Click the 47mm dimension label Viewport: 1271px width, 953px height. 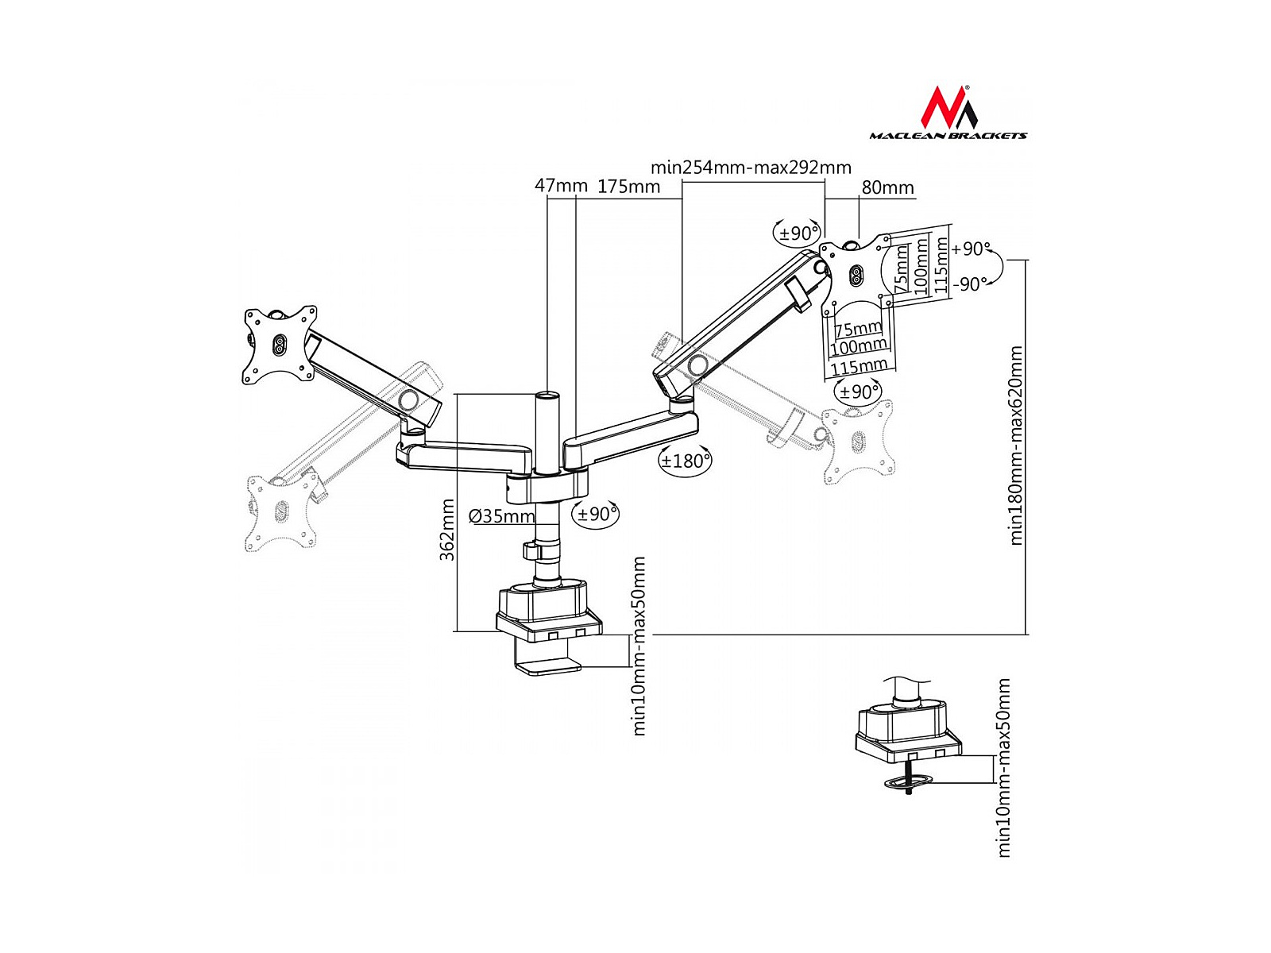[561, 187]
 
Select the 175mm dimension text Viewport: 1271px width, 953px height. [629, 187]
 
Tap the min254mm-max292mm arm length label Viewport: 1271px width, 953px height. [751, 168]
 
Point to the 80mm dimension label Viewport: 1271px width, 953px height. [887, 188]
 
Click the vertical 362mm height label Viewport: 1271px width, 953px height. [448, 530]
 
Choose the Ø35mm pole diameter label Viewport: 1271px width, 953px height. [502, 516]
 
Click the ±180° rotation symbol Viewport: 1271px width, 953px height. [685, 461]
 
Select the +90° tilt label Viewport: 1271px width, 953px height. [971, 249]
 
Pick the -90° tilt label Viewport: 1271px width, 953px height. [971, 284]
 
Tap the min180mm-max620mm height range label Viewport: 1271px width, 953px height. [1016, 445]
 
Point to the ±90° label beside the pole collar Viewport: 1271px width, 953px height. [597, 514]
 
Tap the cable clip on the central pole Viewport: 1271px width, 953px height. [531, 550]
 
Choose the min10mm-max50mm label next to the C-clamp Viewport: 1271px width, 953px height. [639, 646]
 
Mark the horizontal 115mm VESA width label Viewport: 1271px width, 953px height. [859, 366]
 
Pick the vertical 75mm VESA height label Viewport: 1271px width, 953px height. [902, 268]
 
